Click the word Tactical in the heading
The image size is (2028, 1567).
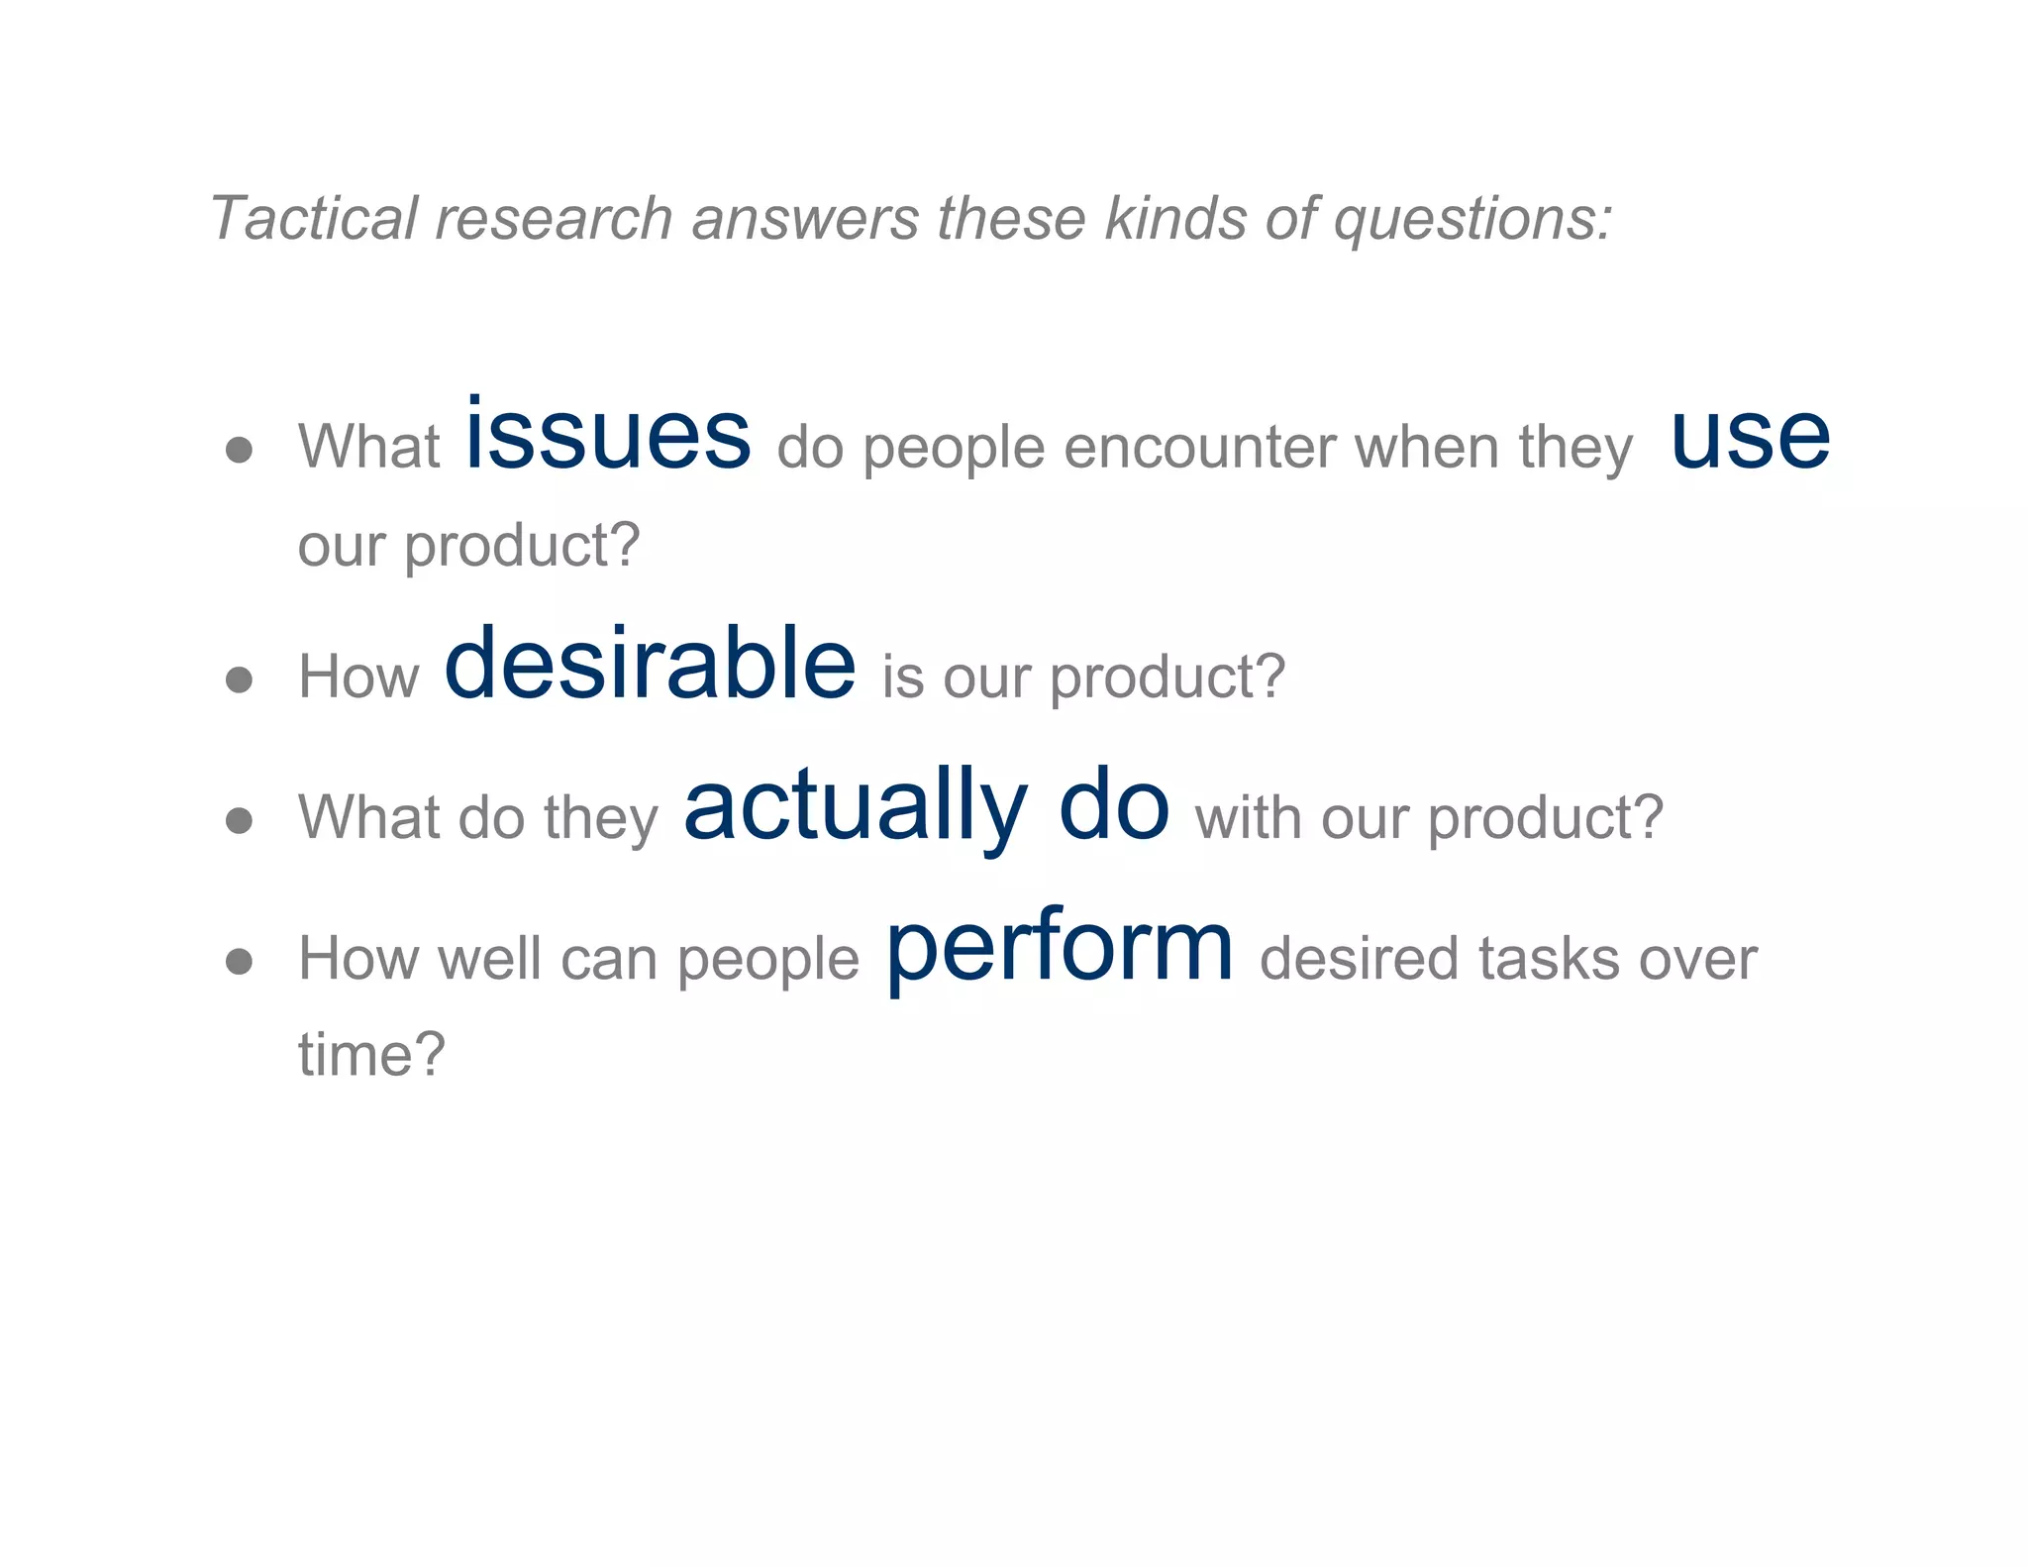coord(314,218)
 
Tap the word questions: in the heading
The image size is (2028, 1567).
coord(1473,220)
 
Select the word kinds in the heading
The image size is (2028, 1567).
coord(1175,218)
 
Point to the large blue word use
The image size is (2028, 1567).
coord(1750,439)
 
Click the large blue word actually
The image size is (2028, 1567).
coord(856,807)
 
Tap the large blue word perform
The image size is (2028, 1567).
coord(1059,948)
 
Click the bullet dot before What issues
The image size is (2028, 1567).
coord(239,451)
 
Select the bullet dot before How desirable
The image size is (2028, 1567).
coord(239,679)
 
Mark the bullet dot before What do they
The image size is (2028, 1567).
coord(239,820)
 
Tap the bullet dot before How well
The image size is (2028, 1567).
coord(239,961)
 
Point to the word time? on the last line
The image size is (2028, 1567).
coord(372,1054)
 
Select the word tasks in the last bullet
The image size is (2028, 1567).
coord(1548,960)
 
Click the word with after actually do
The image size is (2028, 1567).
coord(1248,819)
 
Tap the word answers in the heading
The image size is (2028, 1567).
coord(805,218)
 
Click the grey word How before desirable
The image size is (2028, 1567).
coord(358,678)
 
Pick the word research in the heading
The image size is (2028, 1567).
coord(554,218)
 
